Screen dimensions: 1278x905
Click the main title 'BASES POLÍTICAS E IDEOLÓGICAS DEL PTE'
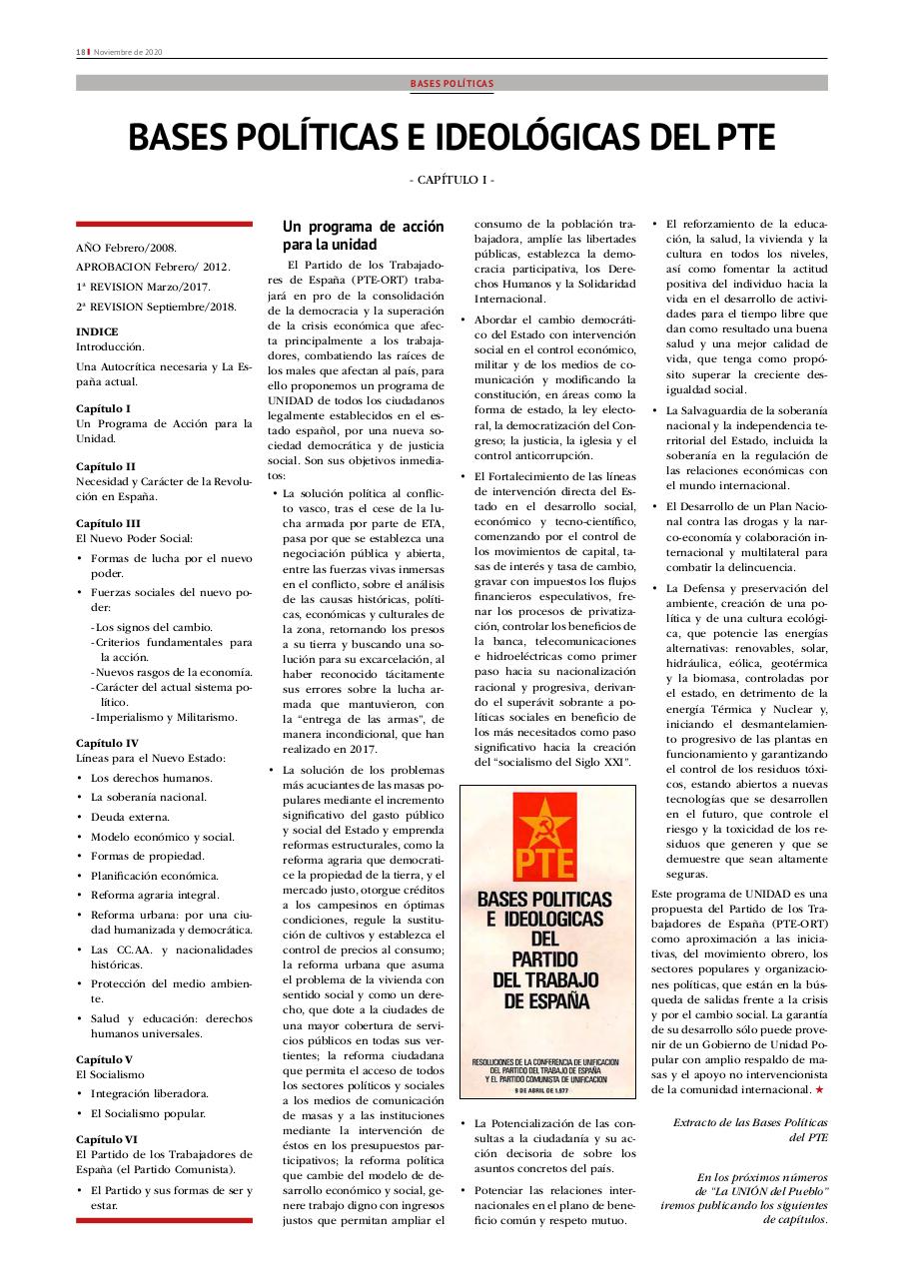click(x=452, y=138)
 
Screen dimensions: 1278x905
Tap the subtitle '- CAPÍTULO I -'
click(x=452, y=180)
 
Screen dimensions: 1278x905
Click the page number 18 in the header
click(x=80, y=52)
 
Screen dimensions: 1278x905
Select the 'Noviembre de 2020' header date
click(x=128, y=52)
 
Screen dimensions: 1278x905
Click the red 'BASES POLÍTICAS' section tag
click(x=452, y=84)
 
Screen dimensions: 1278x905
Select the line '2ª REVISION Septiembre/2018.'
click(x=156, y=307)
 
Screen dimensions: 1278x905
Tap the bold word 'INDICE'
click(x=97, y=331)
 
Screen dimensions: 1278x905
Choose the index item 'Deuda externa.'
click(x=131, y=817)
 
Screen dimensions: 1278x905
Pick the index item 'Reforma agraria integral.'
click(x=155, y=895)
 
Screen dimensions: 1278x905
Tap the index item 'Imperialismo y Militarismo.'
click(x=165, y=717)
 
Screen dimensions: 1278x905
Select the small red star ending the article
click(x=819, y=1089)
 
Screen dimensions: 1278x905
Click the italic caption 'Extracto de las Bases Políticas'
click(x=750, y=1122)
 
